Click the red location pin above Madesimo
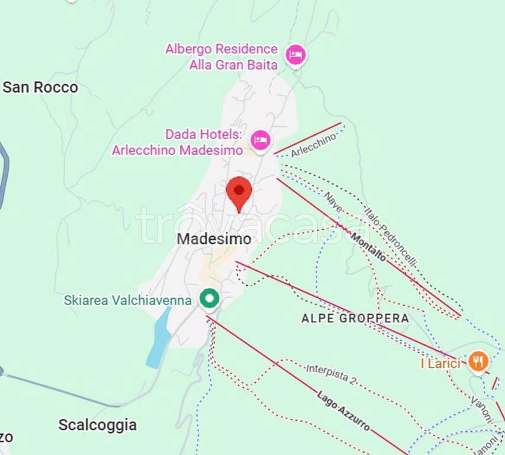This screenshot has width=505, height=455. pos(239,191)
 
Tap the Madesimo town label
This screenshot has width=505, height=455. pos(214,239)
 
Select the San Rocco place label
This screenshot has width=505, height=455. pos(40,87)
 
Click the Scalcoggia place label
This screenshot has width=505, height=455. pos(97,425)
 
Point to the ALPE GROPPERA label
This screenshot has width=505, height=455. pos(355,318)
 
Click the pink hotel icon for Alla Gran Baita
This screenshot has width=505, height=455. pos(295,55)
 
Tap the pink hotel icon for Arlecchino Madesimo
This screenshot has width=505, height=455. pos(260,140)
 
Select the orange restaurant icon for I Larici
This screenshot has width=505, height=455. pos(478,361)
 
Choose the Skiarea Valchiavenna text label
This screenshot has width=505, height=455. pos(127,300)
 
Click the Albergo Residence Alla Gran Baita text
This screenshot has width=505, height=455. pos(222,57)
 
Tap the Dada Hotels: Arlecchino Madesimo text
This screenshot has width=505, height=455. pos(177,142)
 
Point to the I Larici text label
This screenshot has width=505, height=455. pos(440,363)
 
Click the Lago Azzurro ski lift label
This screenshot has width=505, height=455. pos(344,411)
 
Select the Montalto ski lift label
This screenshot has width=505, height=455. pos(368,248)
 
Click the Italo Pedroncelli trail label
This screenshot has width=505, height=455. pos(391,236)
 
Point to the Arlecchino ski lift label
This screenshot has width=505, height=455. pos(314,145)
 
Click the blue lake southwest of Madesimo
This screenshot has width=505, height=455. pos(158,339)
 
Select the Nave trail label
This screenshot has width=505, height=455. pos(333,203)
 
